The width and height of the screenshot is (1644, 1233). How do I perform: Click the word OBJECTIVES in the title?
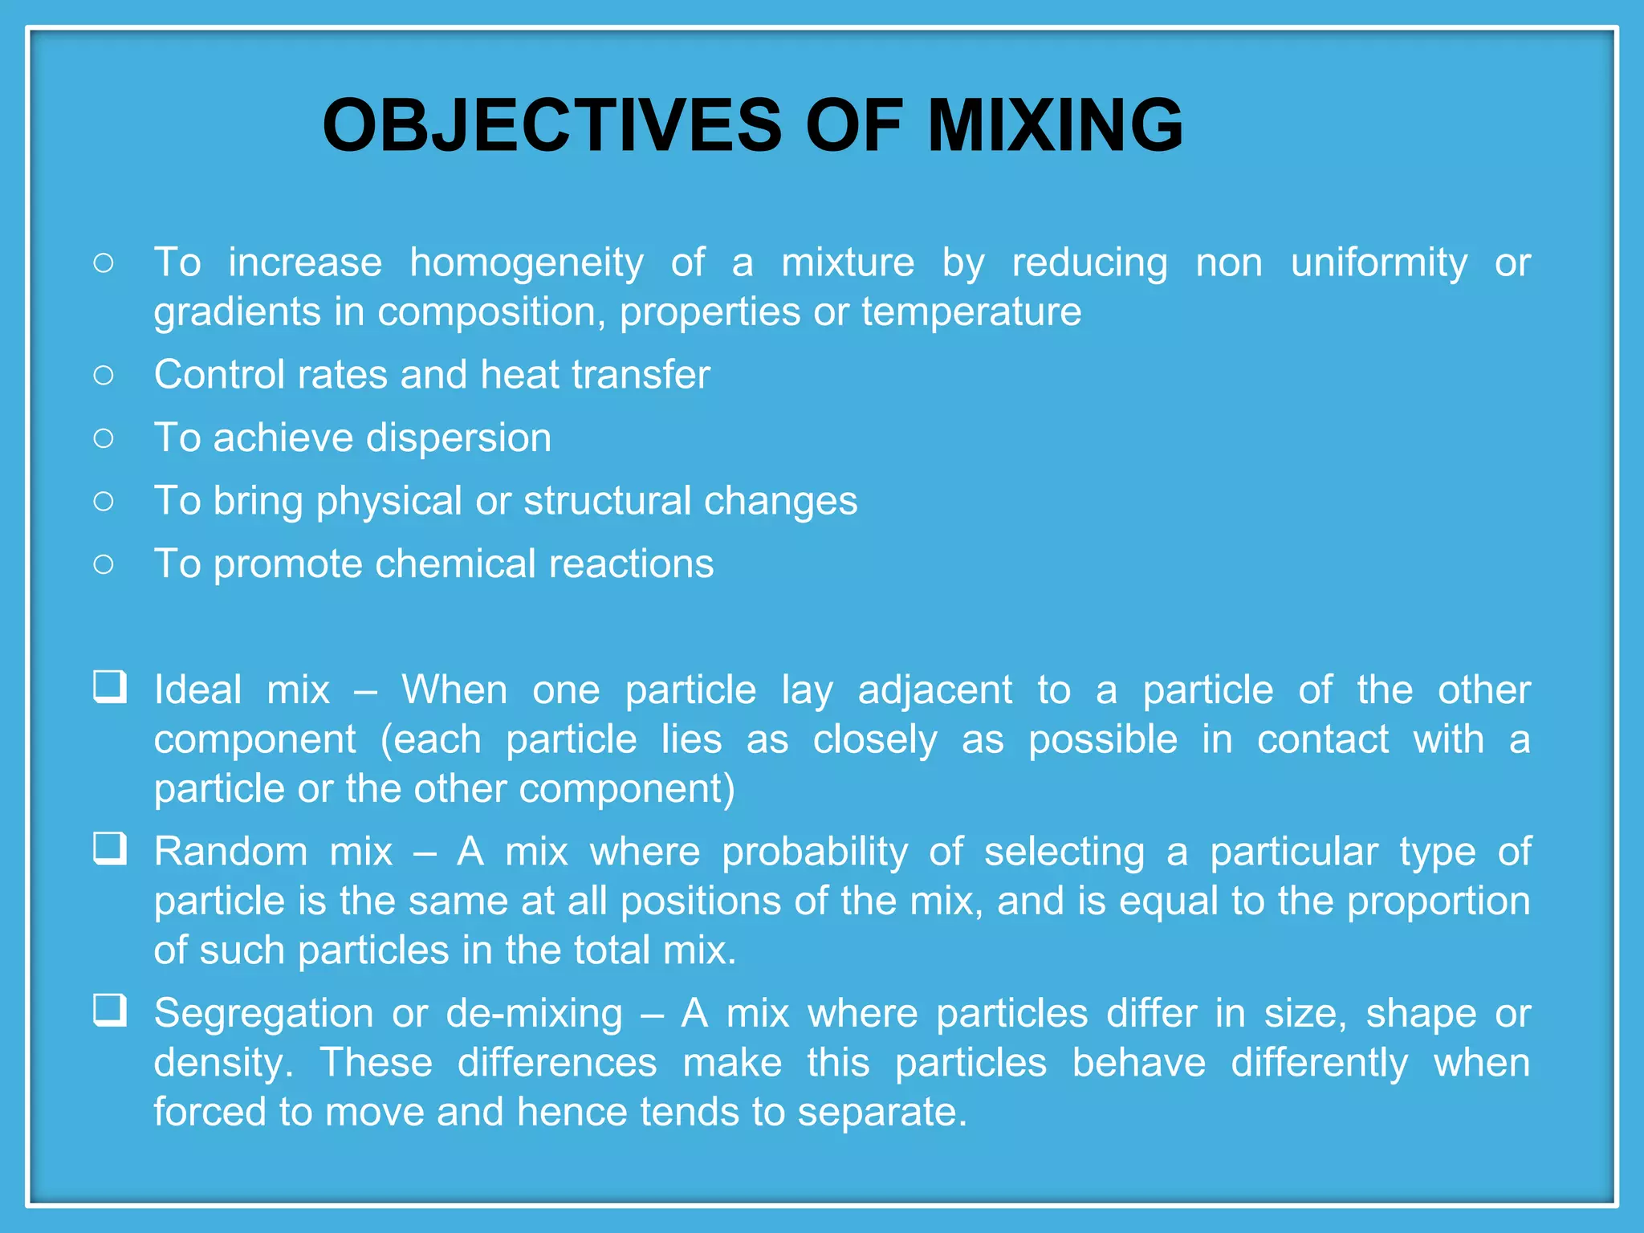pyautogui.click(x=551, y=125)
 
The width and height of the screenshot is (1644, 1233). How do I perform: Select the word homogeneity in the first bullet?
pyautogui.click(x=527, y=263)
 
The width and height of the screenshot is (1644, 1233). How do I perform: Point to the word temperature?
pyautogui.click(x=971, y=312)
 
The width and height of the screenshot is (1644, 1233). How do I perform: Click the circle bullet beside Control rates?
pyautogui.click(x=104, y=375)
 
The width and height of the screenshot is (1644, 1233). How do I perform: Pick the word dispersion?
pyautogui.click(x=458, y=438)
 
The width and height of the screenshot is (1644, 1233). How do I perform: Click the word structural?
pyautogui.click(x=607, y=501)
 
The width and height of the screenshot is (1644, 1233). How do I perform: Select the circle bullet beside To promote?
pyautogui.click(x=104, y=564)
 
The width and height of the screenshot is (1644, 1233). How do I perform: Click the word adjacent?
pyautogui.click(x=935, y=690)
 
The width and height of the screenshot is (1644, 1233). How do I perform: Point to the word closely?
pyautogui.click(x=875, y=740)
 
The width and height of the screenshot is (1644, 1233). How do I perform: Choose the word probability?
pyautogui.click(x=815, y=853)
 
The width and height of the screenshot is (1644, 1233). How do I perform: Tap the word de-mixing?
pyautogui.click(x=534, y=1014)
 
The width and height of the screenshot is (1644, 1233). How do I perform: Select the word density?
pyautogui.click(x=218, y=1064)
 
